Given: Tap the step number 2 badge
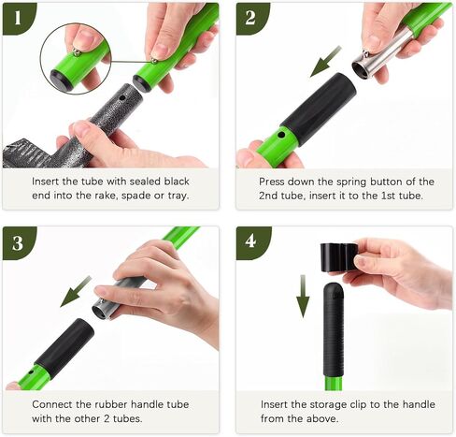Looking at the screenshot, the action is coord(251,18).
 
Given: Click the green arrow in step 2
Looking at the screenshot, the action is coord(325,62).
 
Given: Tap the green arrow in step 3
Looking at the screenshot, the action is coord(76,291).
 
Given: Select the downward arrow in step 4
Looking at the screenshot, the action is coord(303,297).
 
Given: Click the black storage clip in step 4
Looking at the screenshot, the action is coord(339,256).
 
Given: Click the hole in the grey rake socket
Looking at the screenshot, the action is coord(122,98).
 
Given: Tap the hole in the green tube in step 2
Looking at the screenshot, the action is coord(281,136).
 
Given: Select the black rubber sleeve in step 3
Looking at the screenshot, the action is coord(64,347).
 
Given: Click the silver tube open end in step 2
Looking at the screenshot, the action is coord(363,68).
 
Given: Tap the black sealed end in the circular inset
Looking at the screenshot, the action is coord(60,79).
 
